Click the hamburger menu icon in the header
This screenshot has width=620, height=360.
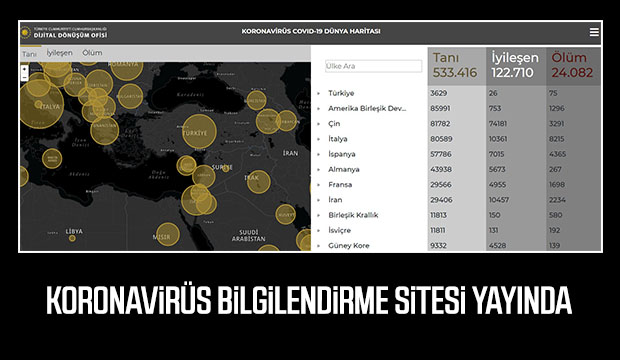(594, 32)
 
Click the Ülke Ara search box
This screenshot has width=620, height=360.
(373, 66)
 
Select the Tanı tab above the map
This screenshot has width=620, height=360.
(29, 52)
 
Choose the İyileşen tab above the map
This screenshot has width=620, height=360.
(59, 52)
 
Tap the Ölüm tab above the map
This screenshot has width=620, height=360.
(92, 52)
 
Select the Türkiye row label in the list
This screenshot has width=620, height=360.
(341, 93)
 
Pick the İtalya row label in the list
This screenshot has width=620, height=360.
(338, 139)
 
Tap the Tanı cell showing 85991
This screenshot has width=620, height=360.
(443, 108)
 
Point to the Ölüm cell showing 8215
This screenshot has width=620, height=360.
(559, 139)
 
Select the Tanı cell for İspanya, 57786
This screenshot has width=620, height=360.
(443, 154)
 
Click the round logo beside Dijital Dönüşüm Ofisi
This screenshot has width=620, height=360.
(26, 31)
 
